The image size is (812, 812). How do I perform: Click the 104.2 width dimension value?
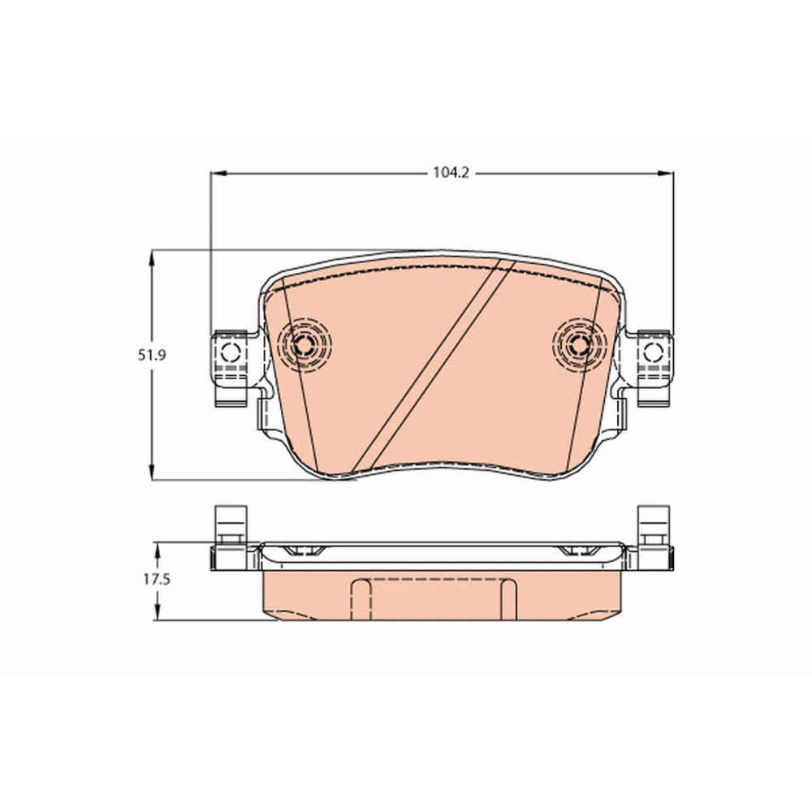(x=451, y=173)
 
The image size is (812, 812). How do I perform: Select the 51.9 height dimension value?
(x=151, y=356)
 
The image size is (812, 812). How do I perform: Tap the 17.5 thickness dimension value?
(x=157, y=580)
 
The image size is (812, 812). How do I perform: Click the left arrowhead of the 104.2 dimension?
(x=218, y=174)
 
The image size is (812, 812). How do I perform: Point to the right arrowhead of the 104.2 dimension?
(x=666, y=174)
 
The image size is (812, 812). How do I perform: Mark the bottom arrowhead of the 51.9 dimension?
(x=152, y=472)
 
